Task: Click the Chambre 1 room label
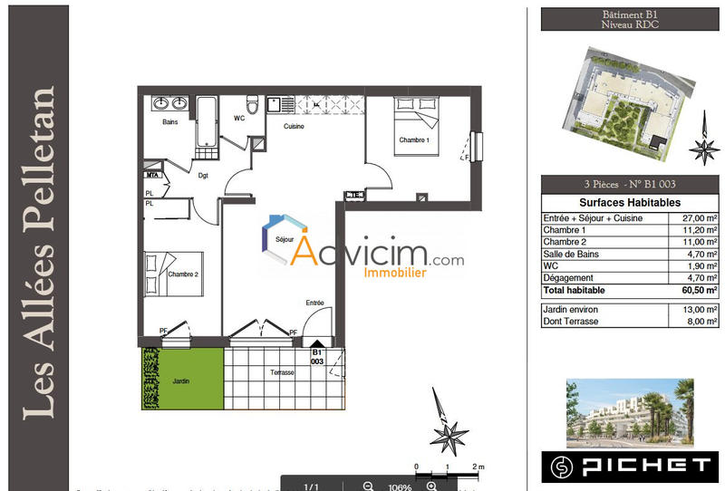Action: point(413,140)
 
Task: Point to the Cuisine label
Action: point(293,127)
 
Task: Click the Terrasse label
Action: point(282,373)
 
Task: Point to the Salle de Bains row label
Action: point(572,255)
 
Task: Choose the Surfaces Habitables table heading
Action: point(629,203)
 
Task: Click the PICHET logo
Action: point(630,466)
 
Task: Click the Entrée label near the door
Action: point(314,303)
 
